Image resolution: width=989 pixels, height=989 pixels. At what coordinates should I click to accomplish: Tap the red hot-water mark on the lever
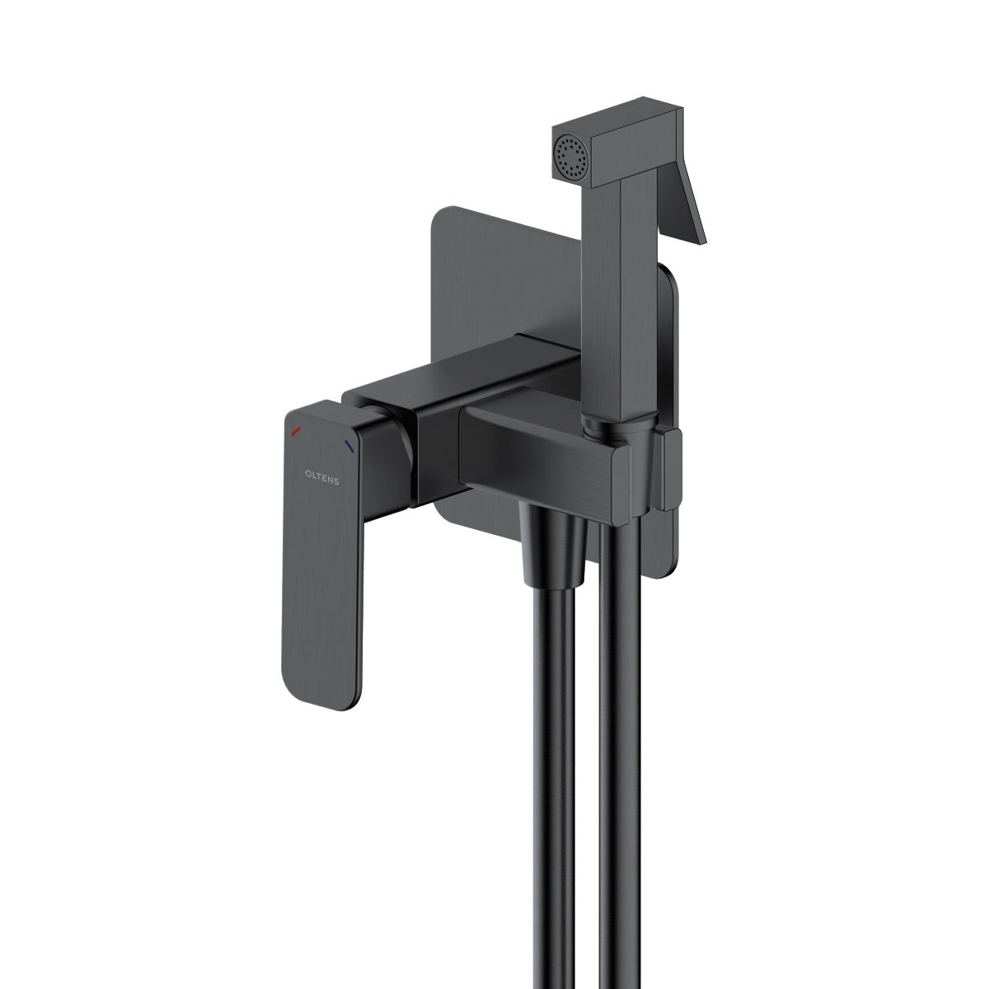296,432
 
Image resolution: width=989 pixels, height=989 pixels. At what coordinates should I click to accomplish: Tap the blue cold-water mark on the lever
349,447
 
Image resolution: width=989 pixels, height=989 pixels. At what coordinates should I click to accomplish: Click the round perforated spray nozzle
568,154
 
